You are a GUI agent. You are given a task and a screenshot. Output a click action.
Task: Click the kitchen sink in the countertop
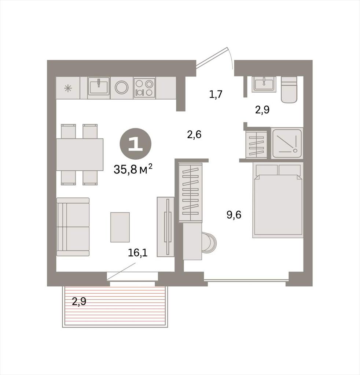click(99, 86)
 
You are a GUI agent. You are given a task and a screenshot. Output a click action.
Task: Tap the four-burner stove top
click(144, 87)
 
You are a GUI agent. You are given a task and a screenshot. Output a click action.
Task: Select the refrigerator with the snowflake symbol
click(68, 88)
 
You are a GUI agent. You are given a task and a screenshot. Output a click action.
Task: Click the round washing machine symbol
click(122, 88)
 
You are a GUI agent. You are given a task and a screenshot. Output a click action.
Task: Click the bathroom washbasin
click(264, 84)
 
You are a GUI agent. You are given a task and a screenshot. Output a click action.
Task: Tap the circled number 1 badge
click(136, 144)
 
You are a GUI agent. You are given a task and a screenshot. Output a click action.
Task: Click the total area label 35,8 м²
click(133, 169)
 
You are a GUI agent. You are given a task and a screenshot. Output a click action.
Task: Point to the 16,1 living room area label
click(137, 253)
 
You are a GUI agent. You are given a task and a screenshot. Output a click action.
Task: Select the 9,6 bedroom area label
click(234, 215)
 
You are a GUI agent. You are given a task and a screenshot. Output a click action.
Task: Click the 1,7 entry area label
click(216, 94)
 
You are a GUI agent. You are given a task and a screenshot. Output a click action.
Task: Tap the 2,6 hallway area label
click(194, 135)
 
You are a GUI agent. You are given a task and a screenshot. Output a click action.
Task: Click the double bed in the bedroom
click(278, 200)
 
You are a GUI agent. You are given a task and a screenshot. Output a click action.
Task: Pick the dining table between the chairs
click(80, 155)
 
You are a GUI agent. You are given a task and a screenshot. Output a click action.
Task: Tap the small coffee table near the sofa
click(120, 227)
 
